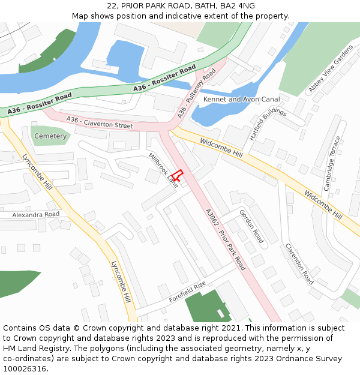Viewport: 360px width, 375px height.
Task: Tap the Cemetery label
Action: coord(50,136)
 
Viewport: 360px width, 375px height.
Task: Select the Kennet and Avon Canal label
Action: coord(241,99)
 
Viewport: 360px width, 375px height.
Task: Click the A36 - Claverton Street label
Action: coord(100,122)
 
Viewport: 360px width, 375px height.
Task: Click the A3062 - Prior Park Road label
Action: coord(225,239)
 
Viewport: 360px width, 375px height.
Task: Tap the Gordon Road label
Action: coord(251,226)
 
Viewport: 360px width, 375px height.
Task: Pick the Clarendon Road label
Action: coord(299,263)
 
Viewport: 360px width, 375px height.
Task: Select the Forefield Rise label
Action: coord(187,292)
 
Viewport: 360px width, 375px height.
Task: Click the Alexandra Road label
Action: coord(35,214)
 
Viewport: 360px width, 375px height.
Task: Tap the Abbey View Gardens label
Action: coord(331,68)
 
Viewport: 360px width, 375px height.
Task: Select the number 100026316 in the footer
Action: coord(25,369)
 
